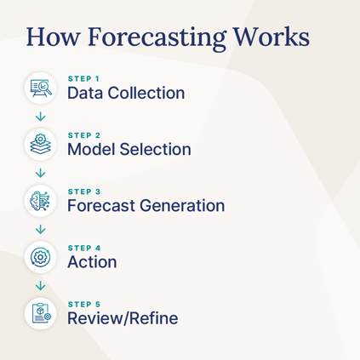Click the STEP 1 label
[x=83, y=78]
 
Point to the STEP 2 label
[x=84, y=134]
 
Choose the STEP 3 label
[x=84, y=191]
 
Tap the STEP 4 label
[x=84, y=248]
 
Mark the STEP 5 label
[x=84, y=304]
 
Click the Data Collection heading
[x=125, y=92]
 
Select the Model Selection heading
[x=129, y=149]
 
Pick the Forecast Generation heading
[x=146, y=205]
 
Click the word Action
[x=92, y=261]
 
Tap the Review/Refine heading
[x=123, y=318]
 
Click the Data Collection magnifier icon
[x=40, y=86]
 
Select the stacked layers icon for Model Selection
[x=40, y=142]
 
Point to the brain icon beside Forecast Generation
[x=40, y=199]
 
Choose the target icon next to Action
[x=40, y=255]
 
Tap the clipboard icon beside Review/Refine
[x=40, y=312]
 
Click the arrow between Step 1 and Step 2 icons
[x=40, y=115]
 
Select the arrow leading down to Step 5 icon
[x=40, y=284]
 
